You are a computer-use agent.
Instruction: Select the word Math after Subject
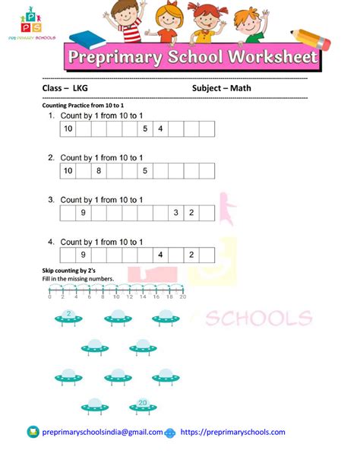[x=242, y=88]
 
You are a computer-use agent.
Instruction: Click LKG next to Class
[x=80, y=88]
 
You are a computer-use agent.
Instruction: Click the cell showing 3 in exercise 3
[x=175, y=213]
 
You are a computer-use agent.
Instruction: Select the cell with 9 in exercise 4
[x=83, y=255]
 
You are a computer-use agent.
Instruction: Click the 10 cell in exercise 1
[x=68, y=130]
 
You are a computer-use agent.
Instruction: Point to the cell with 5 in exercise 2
[x=145, y=171]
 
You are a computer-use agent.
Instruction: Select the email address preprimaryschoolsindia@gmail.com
[x=103, y=432]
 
